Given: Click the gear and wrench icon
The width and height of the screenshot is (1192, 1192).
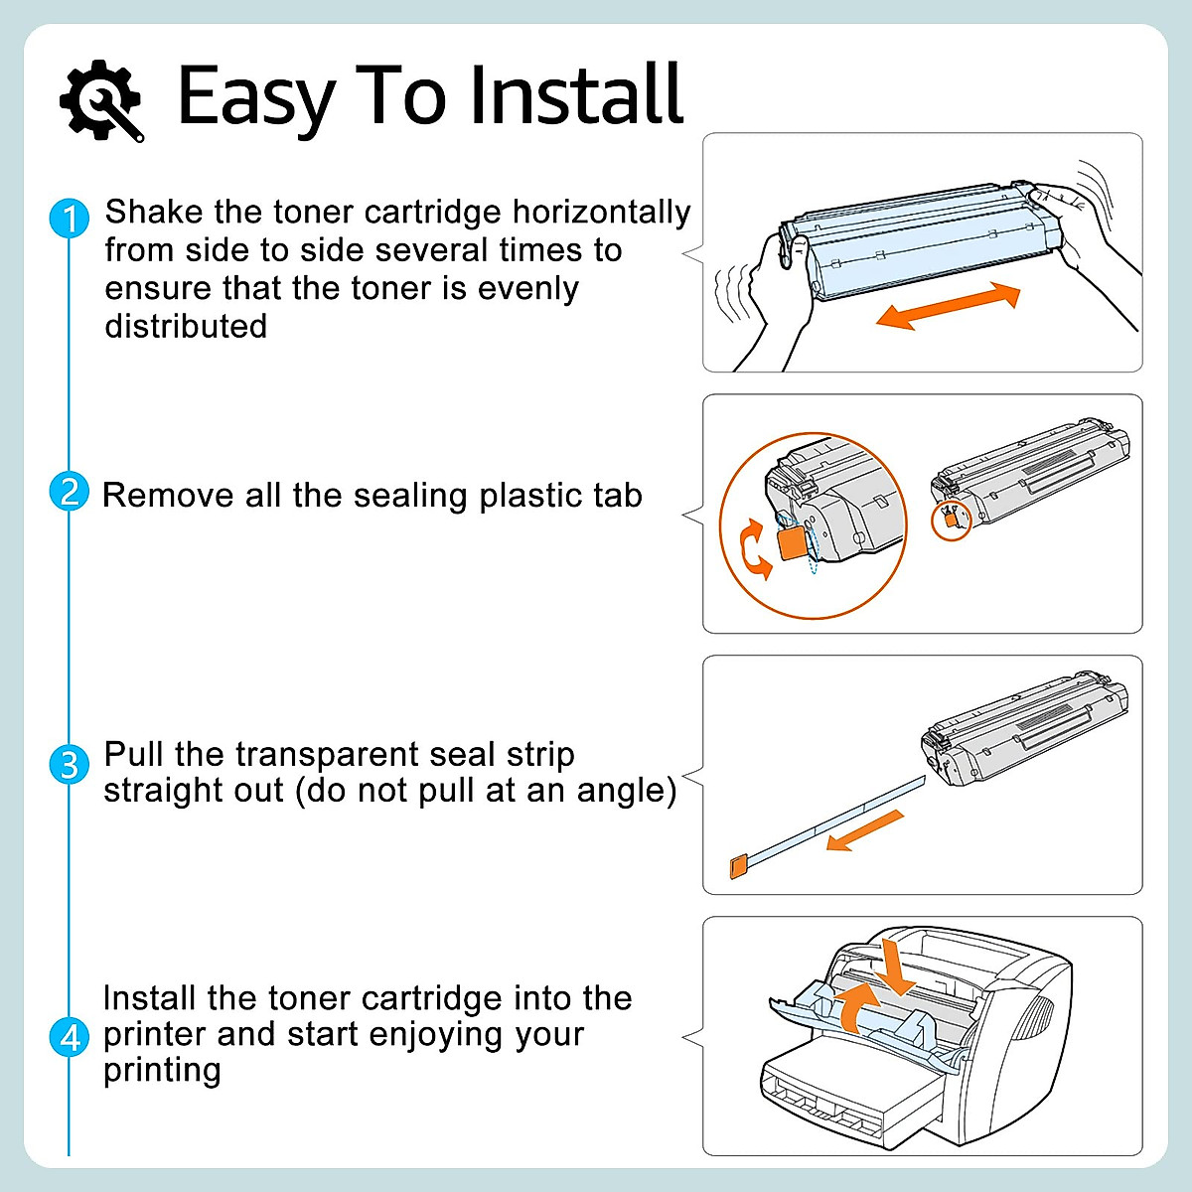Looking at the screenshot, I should coord(101,99).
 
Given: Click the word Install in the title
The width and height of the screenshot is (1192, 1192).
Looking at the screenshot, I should coord(576,95).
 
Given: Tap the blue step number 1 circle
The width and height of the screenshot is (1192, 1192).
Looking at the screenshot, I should coord(70,218).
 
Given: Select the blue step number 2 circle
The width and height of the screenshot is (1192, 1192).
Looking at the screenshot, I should coord(70,492).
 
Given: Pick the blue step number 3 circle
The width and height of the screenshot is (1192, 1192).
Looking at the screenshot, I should coord(70,764).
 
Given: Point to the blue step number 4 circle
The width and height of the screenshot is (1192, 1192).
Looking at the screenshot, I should coord(70,1037).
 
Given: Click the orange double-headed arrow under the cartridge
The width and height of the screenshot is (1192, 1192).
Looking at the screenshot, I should coord(948,305).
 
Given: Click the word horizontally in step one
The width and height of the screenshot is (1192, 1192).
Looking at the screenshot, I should coord(601,212).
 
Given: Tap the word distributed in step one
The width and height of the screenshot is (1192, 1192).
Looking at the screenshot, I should coord(186,326).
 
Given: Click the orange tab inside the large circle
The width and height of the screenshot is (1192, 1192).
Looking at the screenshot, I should coord(792,543).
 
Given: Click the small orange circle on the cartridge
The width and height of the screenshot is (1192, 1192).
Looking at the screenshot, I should coord(951,520).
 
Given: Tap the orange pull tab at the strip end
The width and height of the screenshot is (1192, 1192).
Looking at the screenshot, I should coord(737,866).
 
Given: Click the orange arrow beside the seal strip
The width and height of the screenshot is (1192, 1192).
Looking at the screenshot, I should coord(865,830).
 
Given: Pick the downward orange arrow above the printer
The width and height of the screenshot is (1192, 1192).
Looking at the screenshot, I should coord(898,966).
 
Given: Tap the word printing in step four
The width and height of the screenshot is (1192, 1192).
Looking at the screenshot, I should coord(162,1071).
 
